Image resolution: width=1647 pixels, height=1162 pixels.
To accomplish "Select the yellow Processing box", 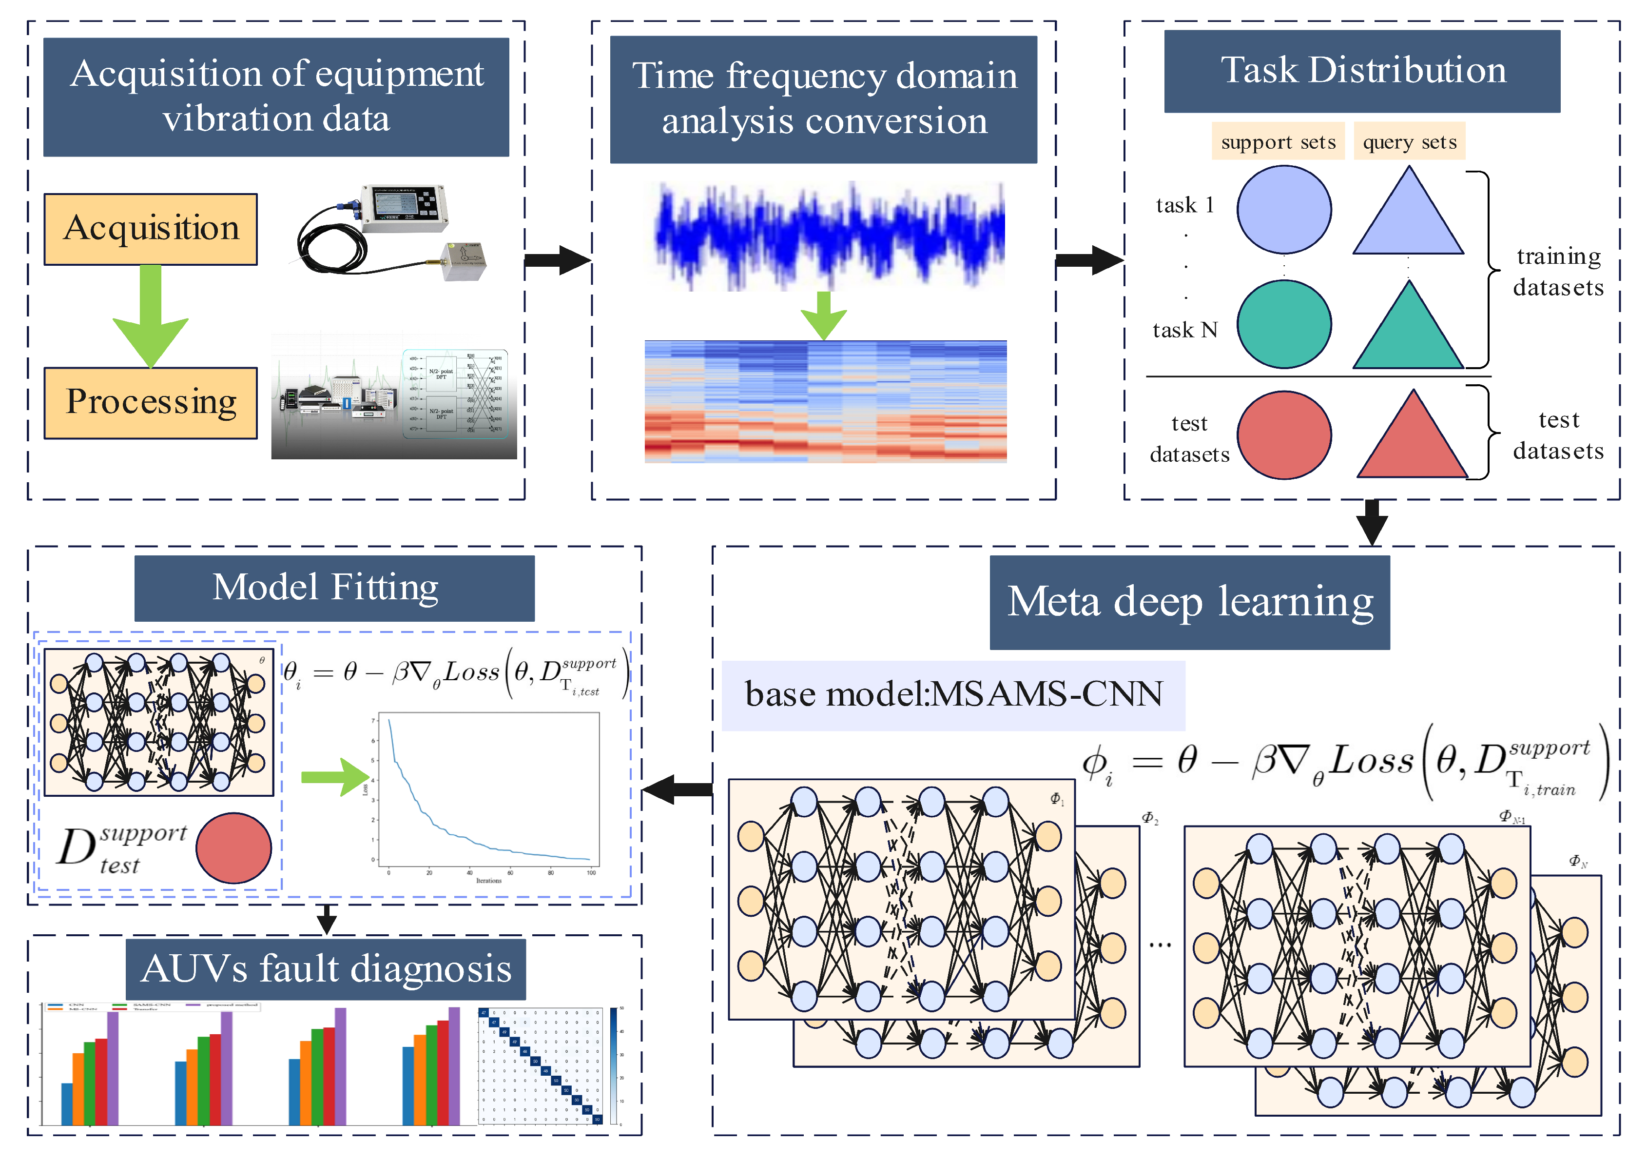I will [151, 403].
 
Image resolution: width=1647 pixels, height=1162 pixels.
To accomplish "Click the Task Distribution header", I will [1361, 71].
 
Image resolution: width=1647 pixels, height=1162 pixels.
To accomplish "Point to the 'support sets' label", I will [1278, 142].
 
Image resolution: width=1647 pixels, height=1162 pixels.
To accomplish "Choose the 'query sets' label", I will [1409, 142].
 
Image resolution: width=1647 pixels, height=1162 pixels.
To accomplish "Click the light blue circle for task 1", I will [1284, 210].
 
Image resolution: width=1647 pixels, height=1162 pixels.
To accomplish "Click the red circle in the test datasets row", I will [1284, 435].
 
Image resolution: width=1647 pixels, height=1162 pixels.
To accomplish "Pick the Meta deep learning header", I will [1189, 602].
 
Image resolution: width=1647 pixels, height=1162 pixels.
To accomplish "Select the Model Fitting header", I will [334, 588].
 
